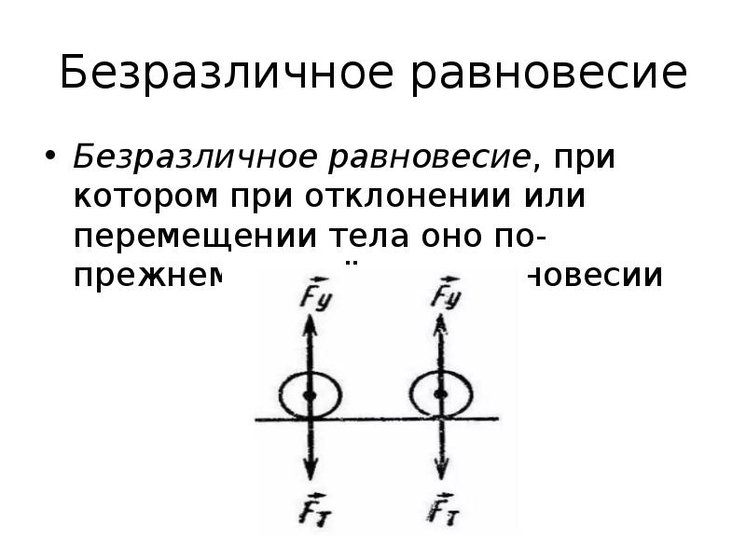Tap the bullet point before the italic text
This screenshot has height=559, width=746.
click(x=50, y=156)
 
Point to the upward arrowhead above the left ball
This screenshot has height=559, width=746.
click(x=311, y=322)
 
